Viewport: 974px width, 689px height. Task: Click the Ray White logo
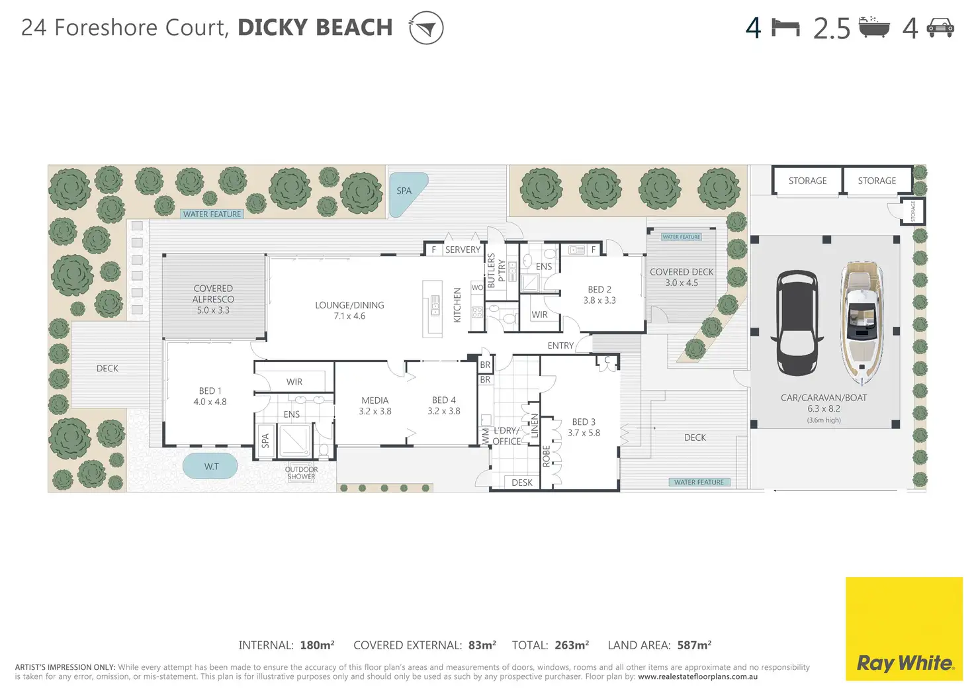point(904,629)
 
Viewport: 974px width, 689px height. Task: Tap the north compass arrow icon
point(426,28)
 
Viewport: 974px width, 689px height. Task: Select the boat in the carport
point(862,323)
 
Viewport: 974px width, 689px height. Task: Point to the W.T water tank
point(210,467)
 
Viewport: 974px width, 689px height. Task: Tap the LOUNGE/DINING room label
point(349,305)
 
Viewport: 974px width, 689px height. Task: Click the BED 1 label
point(210,390)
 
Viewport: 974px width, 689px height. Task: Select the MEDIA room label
point(375,400)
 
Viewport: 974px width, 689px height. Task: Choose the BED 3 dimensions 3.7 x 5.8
point(584,433)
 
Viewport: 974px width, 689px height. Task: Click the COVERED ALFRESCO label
point(213,294)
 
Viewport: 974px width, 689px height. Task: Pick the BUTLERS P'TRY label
point(496,271)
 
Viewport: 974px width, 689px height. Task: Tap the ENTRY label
point(560,345)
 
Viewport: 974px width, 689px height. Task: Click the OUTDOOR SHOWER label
point(301,473)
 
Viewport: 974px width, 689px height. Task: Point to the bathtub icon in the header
point(874,27)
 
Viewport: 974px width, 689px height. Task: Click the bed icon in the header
point(785,28)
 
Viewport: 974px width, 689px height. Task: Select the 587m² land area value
point(694,645)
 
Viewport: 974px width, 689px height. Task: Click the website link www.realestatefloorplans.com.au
point(698,676)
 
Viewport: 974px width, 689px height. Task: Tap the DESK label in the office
point(522,482)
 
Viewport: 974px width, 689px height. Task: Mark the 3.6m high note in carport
point(824,420)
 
